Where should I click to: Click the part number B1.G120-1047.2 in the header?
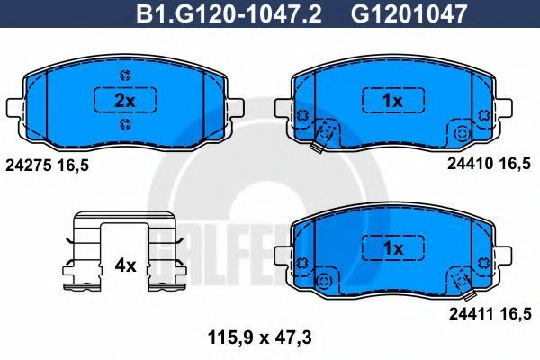click(x=229, y=13)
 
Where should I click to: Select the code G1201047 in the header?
click(x=409, y=13)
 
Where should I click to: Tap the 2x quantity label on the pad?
click(x=125, y=101)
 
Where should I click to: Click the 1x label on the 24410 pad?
click(x=393, y=101)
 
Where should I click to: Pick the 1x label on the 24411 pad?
click(x=393, y=248)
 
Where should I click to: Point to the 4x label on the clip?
click(x=125, y=265)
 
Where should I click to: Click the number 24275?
click(x=29, y=166)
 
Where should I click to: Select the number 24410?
click(x=470, y=164)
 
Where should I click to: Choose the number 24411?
click(x=472, y=314)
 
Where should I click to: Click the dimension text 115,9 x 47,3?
click(x=260, y=338)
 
